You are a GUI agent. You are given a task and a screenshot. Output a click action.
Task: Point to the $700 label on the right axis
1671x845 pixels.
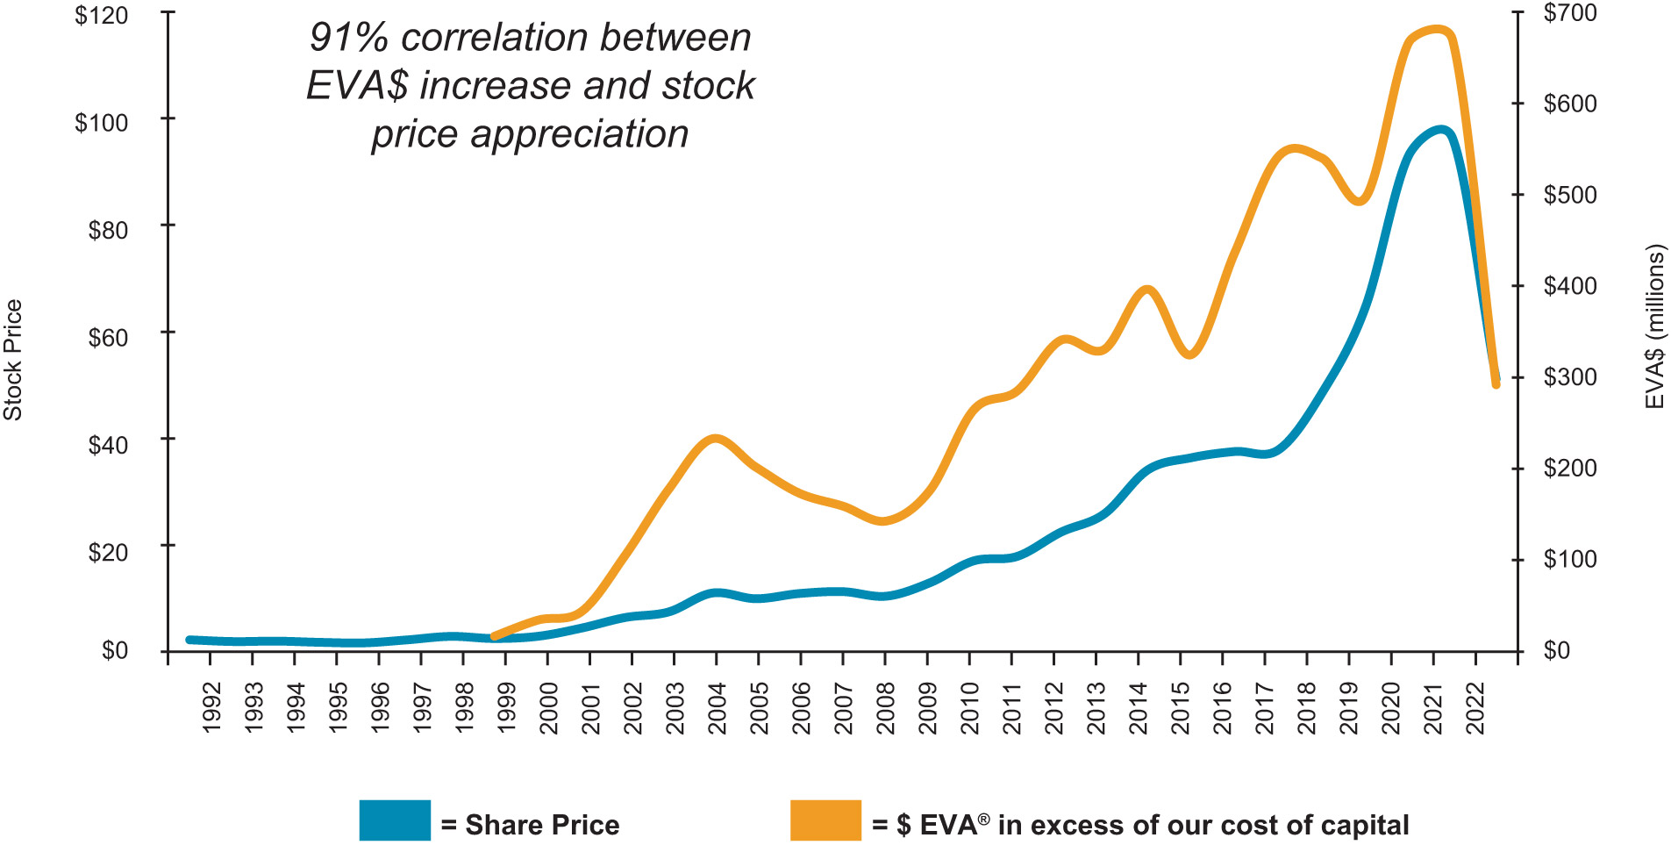[1570, 13]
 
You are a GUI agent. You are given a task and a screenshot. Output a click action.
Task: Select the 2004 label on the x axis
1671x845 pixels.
[717, 708]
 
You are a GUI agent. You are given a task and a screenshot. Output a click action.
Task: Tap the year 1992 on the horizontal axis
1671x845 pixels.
[211, 708]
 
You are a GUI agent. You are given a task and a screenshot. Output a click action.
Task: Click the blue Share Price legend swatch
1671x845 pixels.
[395, 820]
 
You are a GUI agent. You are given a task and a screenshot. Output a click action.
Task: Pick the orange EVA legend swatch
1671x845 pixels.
[825, 820]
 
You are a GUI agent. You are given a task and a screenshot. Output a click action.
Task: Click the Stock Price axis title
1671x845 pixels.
[13, 360]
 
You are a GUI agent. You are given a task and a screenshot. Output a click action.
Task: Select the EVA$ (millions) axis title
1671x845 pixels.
[1654, 326]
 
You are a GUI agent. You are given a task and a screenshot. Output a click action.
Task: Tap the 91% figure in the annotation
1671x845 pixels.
[347, 38]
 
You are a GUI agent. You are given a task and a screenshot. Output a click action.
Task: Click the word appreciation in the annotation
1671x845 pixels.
[579, 134]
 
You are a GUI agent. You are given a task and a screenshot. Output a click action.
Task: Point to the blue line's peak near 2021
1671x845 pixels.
[1440, 130]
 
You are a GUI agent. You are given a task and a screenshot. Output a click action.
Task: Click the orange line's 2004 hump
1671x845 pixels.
[716, 438]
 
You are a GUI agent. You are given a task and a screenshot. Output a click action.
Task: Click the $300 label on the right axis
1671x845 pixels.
[1570, 377]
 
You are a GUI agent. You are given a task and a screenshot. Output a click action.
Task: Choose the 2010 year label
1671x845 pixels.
[969, 708]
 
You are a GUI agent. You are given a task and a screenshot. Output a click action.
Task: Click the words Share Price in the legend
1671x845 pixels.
[542, 825]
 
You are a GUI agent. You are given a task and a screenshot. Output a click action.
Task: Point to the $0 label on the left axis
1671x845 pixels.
[114, 650]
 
